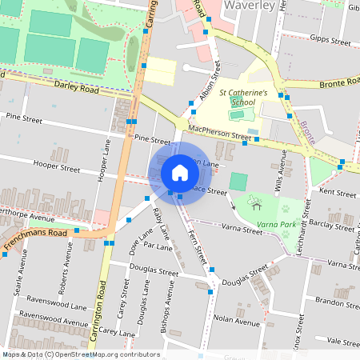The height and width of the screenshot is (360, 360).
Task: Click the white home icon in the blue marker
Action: pos(180,172)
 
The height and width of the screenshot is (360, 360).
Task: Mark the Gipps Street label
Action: pos(330,39)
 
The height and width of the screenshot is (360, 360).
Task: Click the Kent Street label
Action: pos(337,193)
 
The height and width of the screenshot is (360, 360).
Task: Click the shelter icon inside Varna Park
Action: pos(256,203)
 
